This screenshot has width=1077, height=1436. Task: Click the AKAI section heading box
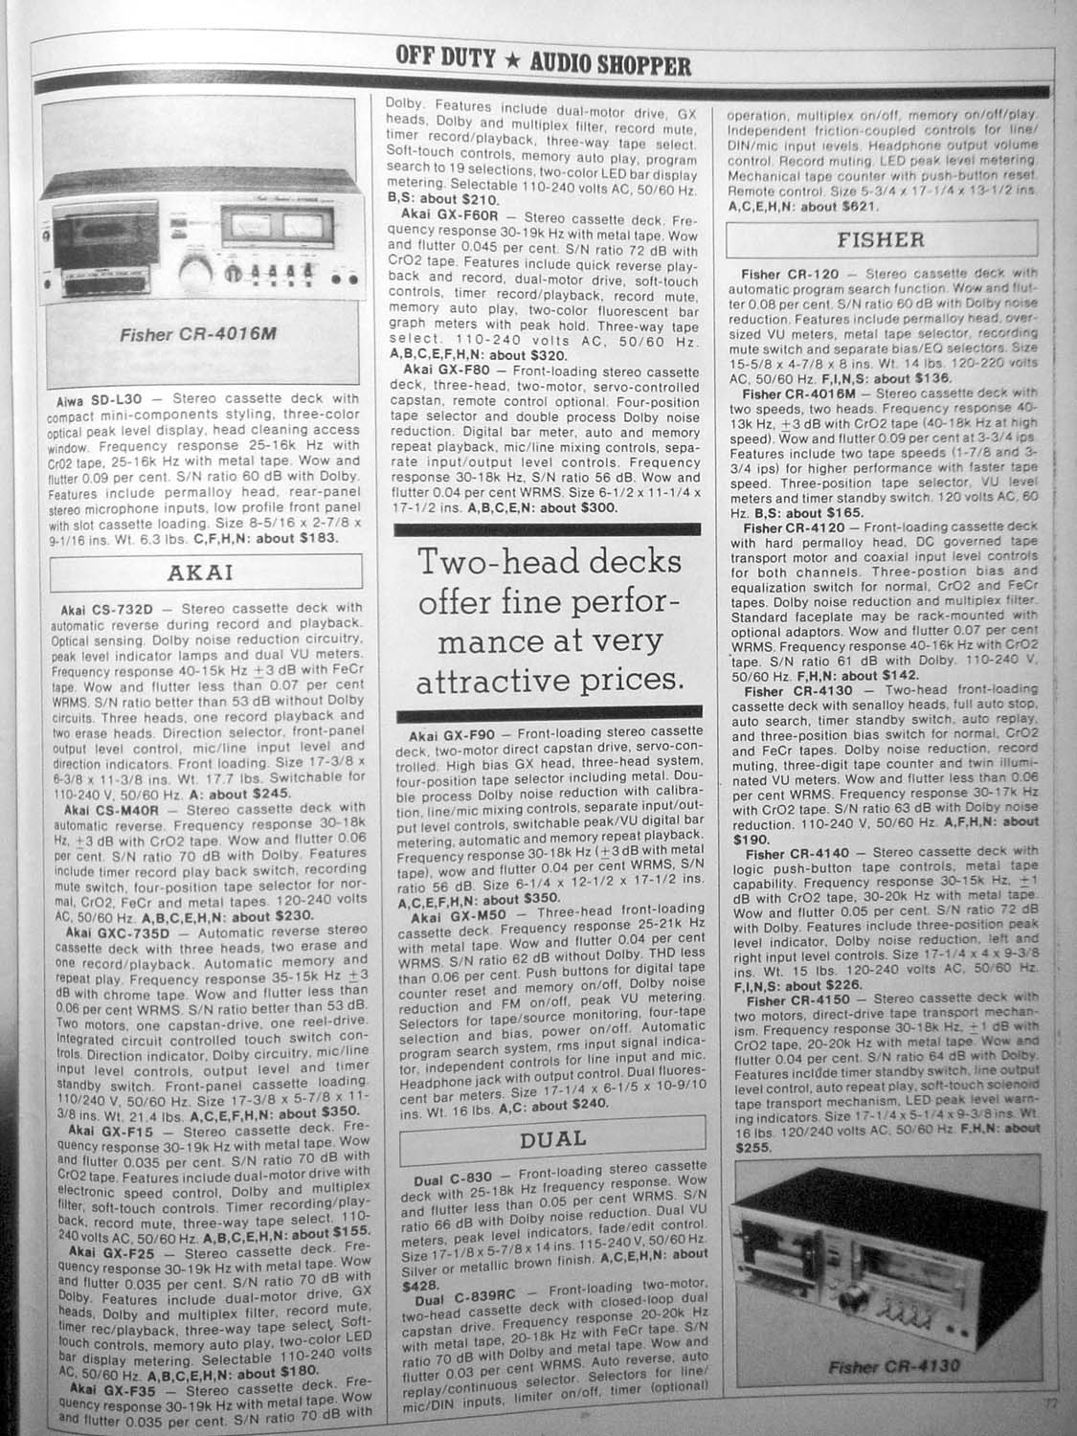(x=200, y=573)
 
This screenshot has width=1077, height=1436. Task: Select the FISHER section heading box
(x=881, y=238)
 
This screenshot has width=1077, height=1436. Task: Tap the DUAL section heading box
(x=552, y=1139)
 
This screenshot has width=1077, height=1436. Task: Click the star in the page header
(x=513, y=63)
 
